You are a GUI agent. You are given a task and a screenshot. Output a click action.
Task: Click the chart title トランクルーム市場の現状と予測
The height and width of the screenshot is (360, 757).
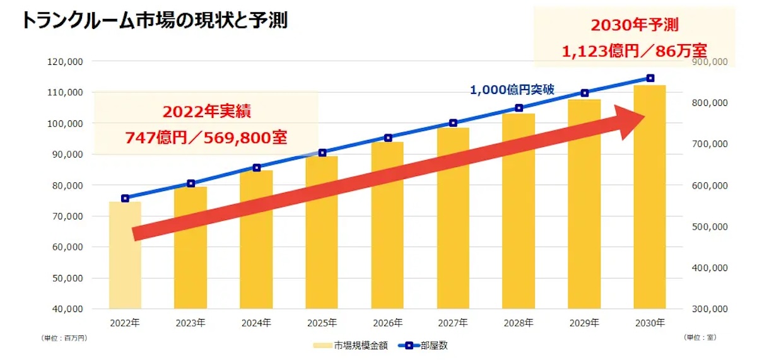155,20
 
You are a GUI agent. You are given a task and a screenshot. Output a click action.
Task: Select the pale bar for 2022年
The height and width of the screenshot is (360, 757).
125,255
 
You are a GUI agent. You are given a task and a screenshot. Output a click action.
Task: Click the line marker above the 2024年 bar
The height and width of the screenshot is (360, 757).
257,168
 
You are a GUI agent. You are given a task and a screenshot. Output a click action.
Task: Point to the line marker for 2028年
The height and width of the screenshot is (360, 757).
519,108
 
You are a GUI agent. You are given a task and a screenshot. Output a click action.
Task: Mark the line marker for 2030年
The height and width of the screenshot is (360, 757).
650,78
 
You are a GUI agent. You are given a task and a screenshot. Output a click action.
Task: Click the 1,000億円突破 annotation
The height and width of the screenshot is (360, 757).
512,90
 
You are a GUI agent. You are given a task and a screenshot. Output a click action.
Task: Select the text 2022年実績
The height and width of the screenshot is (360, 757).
207,112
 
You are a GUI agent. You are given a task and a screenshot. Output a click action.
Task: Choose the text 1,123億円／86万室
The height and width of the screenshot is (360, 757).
634,50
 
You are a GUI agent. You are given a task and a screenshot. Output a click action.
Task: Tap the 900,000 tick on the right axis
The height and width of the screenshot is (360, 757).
711,62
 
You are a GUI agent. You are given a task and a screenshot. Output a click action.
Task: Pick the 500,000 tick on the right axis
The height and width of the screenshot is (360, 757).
711,226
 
